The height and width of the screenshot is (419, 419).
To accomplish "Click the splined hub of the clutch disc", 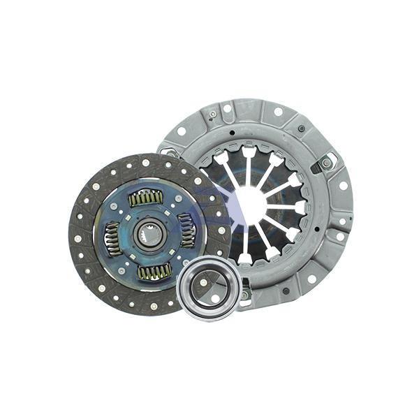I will click(x=149, y=235).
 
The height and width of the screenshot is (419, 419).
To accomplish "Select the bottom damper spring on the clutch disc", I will click(x=153, y=271).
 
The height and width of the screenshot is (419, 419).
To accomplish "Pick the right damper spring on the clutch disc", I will click(x=187, y=230).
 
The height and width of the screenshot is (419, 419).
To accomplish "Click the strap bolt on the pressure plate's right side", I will click(x=326, y=163).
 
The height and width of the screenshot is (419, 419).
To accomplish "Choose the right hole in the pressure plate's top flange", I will click(x=278, y=111).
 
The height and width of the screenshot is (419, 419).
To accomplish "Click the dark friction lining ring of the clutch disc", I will click(x=87, y=265).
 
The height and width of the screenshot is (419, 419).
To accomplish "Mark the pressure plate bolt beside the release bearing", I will click(x=244, y=295).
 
